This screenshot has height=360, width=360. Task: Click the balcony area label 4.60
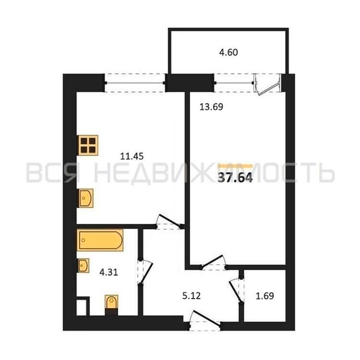[228, 53]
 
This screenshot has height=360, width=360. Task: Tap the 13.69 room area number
[211, 107]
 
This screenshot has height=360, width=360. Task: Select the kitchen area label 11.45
[132, 156]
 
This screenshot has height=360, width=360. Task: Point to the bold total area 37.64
[235, 178]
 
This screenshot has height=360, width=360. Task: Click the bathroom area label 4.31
[109, 272]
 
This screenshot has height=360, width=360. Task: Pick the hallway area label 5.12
[192, 296]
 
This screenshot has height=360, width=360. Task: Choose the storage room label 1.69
[265, 296]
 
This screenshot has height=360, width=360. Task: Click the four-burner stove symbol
[88, 145]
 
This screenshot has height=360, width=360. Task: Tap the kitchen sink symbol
[85, 198]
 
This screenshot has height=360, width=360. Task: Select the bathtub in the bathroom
[100, 240]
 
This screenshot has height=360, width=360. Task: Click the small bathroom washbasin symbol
[83, 266]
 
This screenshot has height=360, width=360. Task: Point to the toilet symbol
[112, 305]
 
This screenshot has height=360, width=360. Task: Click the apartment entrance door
[204, 321]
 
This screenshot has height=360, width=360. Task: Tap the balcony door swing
[268, 85]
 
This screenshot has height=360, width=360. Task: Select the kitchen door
[168, 222]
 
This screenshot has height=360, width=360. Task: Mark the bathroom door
[145, 273]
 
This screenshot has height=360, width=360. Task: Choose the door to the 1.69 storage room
[237, 290]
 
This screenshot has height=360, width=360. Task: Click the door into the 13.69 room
[213, 263]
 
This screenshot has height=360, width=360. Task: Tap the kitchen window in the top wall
[135, 83]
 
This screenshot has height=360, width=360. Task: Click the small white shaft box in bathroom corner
[81, 307]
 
